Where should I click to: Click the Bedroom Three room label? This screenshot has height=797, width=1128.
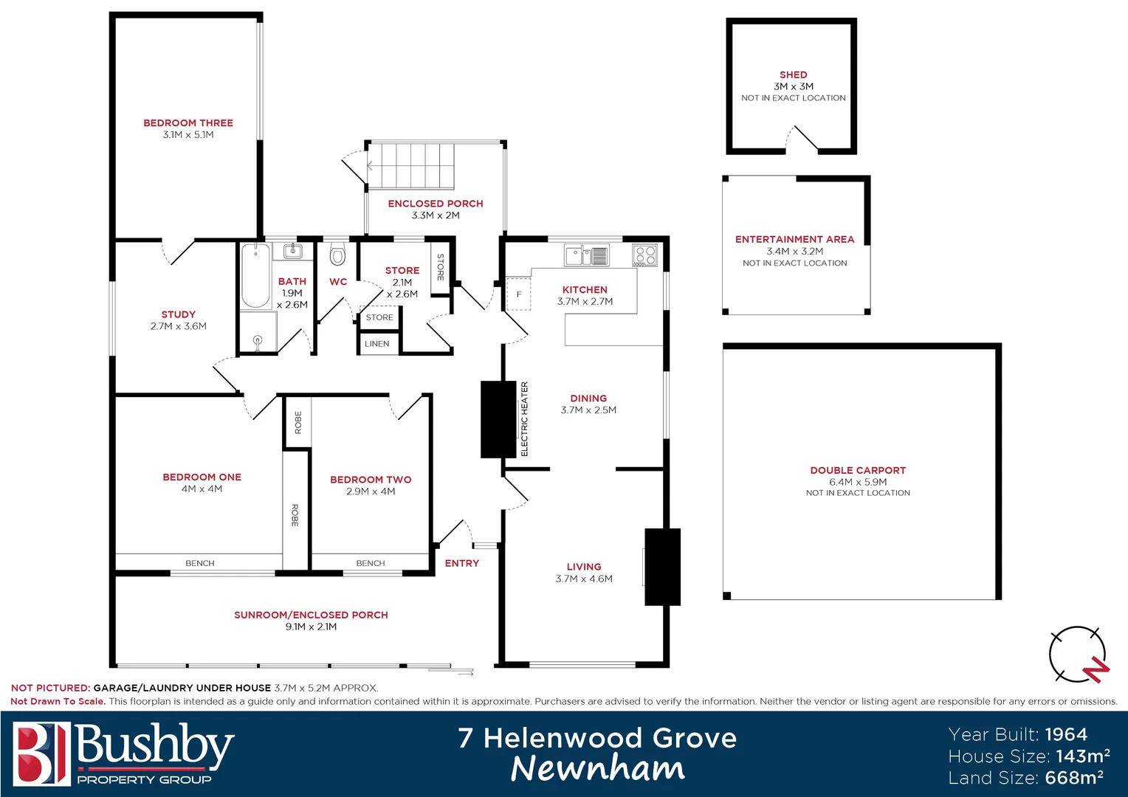pyautogui.click(x=188, y=123)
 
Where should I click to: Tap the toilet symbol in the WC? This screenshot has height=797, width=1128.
pyautogui.click(x=337, y=255)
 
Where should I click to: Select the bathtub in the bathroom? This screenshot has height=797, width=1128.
pyautogui.click(x=255, y=276)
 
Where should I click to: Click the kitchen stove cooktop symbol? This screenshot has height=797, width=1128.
pyautogui.click(x=644, y=255)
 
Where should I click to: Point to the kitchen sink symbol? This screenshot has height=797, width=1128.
pyautogui.click(x=587, y=255)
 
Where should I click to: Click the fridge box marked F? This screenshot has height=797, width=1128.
pyautogui.click(x=518, y=294)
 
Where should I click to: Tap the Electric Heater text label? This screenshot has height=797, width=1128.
pyautogui.click(x=525, y=418)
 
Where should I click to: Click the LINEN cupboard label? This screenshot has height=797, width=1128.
pyautogui.click(x=376, y=344)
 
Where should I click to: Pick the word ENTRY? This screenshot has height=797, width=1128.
pyautogui.click(x=462, y=563)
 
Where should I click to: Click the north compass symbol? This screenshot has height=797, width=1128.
pyautogui.click(x=1079, y=655)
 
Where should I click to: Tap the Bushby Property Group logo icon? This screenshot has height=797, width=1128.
pyautogui.click(x=41, y=753)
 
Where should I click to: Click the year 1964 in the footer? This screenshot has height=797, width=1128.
pyautogui.click(x=1066, y=734)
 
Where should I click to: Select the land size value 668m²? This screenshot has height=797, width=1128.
pyautogui.click(x=1074, y=778)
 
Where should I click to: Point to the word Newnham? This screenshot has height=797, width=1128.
pyautogui.click(x=597, y=768)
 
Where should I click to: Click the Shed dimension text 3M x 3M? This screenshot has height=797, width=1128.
pyautogui.click(x=794, y=86)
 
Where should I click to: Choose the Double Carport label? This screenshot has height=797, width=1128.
pyautogui.click(x=858, y=470)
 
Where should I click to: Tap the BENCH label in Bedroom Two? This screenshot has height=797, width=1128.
pyautogui.click(x=371, y=563)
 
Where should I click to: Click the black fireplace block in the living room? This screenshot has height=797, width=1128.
pyautogui.click(x=662, y=567)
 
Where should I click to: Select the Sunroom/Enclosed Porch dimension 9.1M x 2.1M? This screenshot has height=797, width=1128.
pyautogui.click(x=311, y=627)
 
